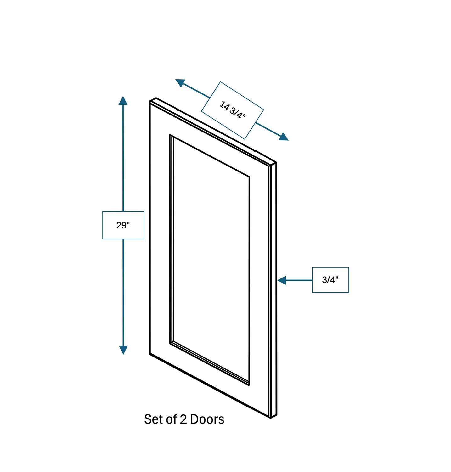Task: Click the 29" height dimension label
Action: pyautogui.click(x=123, y=225)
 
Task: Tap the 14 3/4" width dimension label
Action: pyautogui.click(x=232, y=110)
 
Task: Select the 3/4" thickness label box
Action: pyautogui.click(x=330, y=280)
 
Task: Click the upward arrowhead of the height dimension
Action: pyautogui.click(x=123, y=100)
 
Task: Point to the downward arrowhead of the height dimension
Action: pyautogui.click(x=123, y=350)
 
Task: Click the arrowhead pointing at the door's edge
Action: pyautogui.click(x=282, y=280)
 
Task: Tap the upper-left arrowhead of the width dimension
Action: pyautogui.click(x=180, y=83)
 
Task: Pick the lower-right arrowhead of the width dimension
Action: pyautogui.click(x=284, y=137)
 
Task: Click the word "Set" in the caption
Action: pyautogui.click(x=153, y=419)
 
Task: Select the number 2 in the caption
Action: pyautogui.click(x=183, y=419)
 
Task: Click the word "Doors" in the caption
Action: pyautogui.click(x=207, y=419)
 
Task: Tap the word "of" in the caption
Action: pyautogui.click(x=171, y=419)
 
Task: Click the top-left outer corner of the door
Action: pyautogui.click(x=150, y=101)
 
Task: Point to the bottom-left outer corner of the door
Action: pyautogui.click(x=150, y=354)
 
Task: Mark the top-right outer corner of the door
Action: pyautogui.click(x=276, y=163)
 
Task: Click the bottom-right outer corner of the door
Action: pyautogui.click(x=271, y=418)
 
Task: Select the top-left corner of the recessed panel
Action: pyautogui.click(x=170, y=135)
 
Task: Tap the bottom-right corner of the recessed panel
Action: pyautogui.click(x=249, y=385)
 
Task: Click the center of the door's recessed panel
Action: pyautogui.click(x=210, y=260)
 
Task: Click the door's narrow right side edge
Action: pyautogui.click(x=273, y=290)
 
